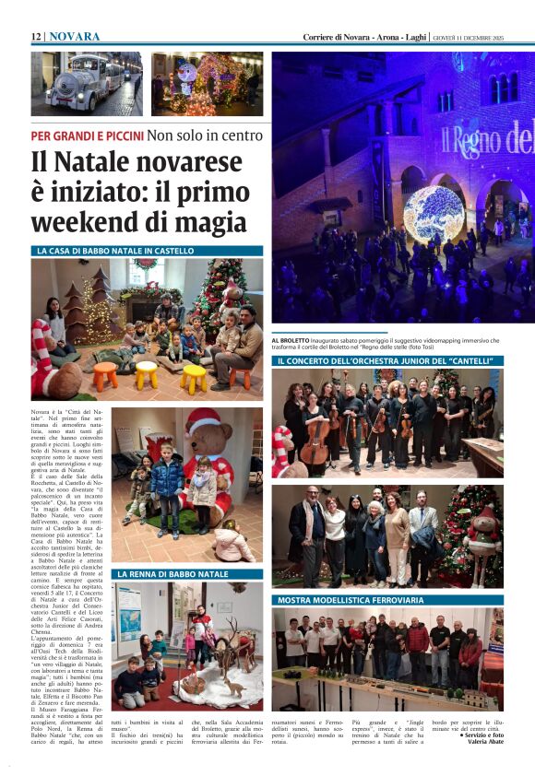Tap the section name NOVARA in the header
click(75, 36)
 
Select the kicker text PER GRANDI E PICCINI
click(87, 135)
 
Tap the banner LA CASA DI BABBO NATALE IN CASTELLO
click(115, 251)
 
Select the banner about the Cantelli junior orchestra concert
click(387, 360)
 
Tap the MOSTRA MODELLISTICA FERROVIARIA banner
click(351, 600)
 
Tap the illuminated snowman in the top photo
click(188, 75)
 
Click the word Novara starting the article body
click(42, 409)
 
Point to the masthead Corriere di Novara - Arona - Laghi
click(365, 37)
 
